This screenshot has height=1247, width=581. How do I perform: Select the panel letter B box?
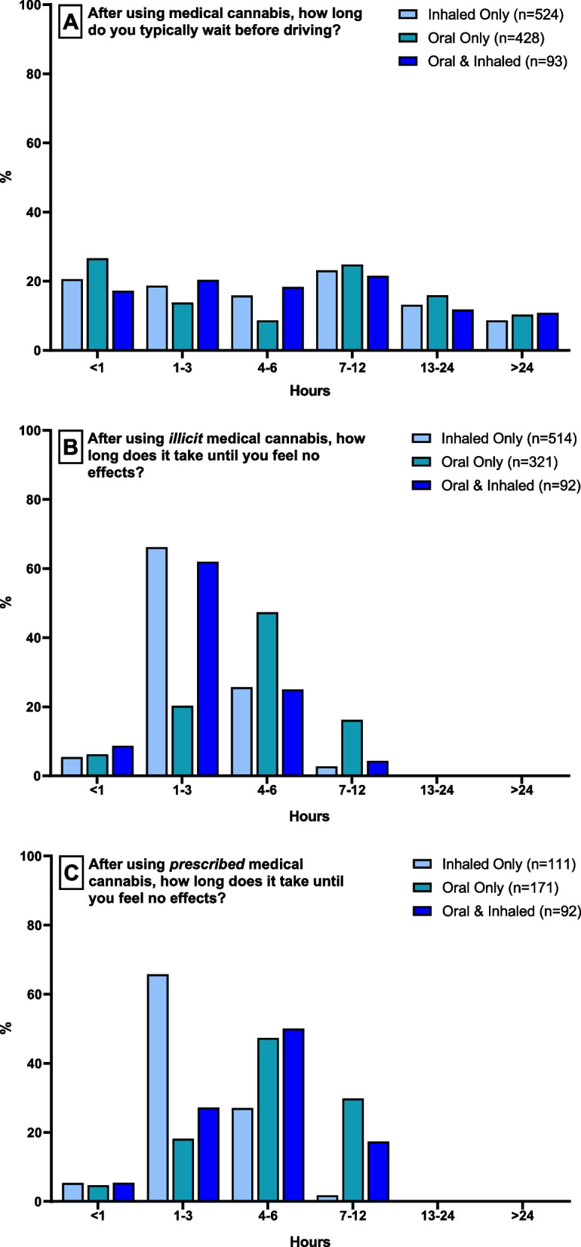(70, 448)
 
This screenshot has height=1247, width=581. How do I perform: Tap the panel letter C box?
(71, 873)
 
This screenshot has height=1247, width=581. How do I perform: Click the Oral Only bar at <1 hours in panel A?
(97, 305)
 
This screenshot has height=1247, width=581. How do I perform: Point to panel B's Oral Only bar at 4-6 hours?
(267, 694)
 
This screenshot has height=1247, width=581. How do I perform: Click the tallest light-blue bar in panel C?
(158, 1088)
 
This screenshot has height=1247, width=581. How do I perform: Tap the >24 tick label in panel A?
(522, 365)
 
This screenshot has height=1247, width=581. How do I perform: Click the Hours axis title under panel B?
(309, 816)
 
